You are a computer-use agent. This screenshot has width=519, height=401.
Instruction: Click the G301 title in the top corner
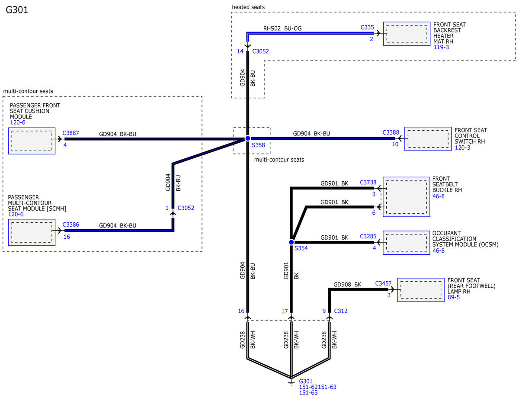tap(17, 10)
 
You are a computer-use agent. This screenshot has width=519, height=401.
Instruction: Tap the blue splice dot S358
tap(248, 138)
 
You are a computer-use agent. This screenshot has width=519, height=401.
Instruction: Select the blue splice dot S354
tap(291, 242)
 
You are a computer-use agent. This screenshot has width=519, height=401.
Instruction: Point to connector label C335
tap(367, 27)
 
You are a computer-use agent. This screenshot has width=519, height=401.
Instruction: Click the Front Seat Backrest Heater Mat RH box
tap(407, 34)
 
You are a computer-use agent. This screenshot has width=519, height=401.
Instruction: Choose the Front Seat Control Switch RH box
tap(428, 139)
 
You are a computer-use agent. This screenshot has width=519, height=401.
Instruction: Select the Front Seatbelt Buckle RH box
tap(406, 197)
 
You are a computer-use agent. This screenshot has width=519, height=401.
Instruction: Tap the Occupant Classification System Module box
tap(406, 243)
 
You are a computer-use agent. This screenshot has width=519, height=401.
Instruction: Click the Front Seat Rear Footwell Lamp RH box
tap(421, 290)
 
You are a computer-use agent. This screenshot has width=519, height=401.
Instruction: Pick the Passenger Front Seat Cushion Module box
tap(32, 141)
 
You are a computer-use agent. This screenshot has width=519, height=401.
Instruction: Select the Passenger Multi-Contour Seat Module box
tap(32, 232)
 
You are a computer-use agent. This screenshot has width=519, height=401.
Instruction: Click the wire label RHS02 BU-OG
tap(282, 29)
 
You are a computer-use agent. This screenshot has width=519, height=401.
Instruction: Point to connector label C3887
tap(70, 133)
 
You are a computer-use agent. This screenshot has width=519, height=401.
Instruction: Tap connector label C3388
tap(391, 132)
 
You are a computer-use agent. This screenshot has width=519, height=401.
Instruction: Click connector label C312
tap(340, 311)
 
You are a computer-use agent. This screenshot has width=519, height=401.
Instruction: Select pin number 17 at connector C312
tap(285, 311)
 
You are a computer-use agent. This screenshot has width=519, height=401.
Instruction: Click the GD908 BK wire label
tap(347, 285)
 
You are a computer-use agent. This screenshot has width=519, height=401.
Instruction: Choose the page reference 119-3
tap(441, 47)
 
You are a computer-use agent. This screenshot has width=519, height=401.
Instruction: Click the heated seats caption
tap(248, 7)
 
